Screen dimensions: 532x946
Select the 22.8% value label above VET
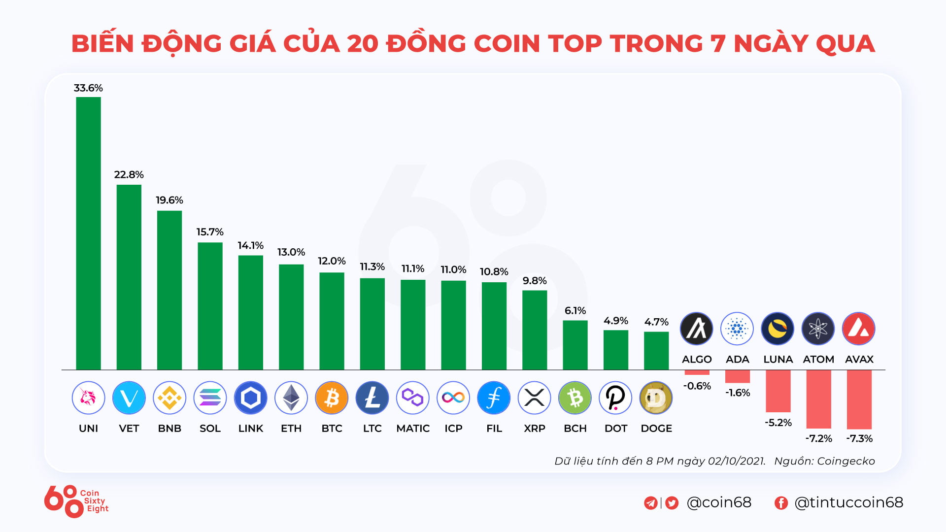point(129,175)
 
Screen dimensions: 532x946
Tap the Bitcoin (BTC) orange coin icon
point(332,398)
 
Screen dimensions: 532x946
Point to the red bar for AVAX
point(859,399)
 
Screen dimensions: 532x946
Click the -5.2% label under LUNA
point(778,423)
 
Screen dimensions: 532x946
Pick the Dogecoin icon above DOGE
point(656,398)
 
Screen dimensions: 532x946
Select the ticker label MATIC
point(413,429)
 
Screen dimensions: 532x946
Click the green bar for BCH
point(575,345)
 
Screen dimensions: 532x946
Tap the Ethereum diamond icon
point(291,398)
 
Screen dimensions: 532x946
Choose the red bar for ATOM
point(818,399)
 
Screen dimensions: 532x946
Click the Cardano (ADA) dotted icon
point(737,329)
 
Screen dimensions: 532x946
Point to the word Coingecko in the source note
point(845,461)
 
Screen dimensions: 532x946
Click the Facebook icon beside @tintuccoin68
point(781,502)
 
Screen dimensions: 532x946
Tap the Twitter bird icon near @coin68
point(672,502)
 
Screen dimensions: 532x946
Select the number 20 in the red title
point(362,43)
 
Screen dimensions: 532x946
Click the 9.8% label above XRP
point(535,281)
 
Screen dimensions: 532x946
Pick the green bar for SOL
point(210,306)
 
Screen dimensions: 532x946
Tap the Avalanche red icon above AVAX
point(859,329)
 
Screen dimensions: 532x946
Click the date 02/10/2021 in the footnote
point(736,461)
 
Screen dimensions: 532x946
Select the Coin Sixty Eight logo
point(76,501)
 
